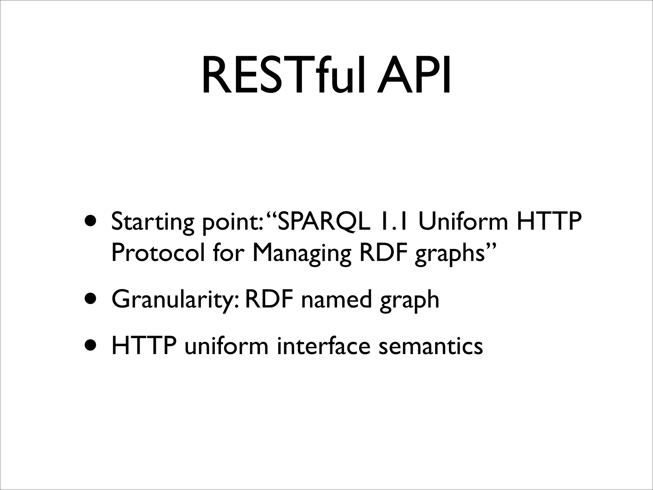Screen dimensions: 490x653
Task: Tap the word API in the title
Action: pos(414,77)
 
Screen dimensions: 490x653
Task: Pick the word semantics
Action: pos(430,346)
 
